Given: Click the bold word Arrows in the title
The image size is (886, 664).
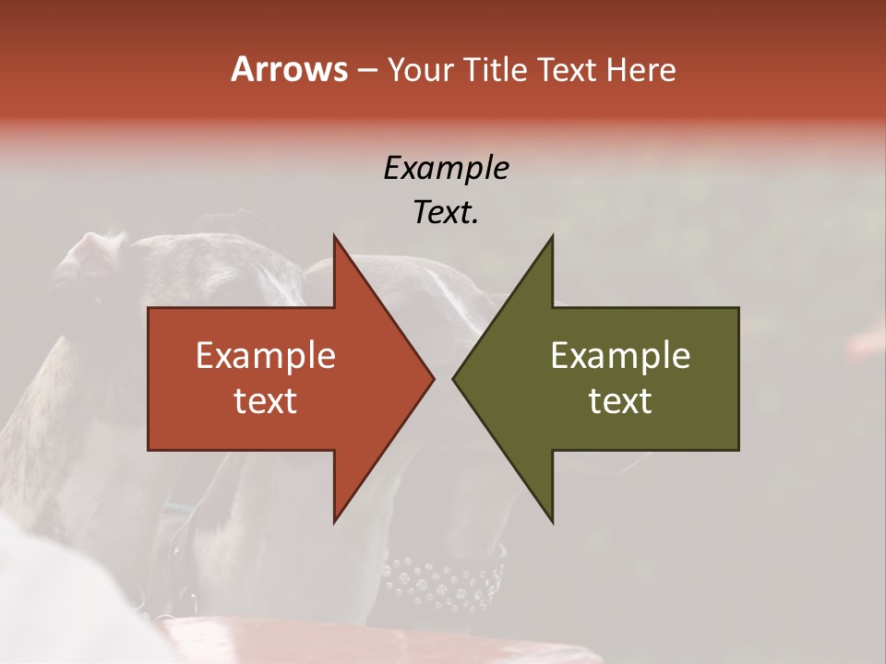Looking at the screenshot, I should [x=289, y=69].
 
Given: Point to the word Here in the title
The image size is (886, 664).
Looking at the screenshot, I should [x=641, y=70].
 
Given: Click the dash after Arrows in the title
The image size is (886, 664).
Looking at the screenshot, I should [x=366, y=71].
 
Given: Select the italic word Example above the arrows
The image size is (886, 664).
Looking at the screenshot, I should [x=447, y=169].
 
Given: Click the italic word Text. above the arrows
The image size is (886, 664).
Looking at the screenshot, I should [x=447, y=213].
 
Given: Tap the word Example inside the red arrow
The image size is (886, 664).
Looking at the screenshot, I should [x=266, y=356].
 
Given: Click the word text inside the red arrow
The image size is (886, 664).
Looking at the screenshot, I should [x=266, y=401].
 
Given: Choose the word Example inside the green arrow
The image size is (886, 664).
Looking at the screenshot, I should [x=620, y=356].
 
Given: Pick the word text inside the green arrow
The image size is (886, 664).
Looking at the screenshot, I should [x=620, y=401].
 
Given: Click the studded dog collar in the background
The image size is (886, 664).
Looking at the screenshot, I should [x=443, y=581].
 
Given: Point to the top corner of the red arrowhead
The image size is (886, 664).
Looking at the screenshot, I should [x=335, y=237].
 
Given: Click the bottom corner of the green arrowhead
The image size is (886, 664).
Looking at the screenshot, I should [x=552, y=521].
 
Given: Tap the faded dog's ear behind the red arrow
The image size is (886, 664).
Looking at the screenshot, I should [x=88, y=258].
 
